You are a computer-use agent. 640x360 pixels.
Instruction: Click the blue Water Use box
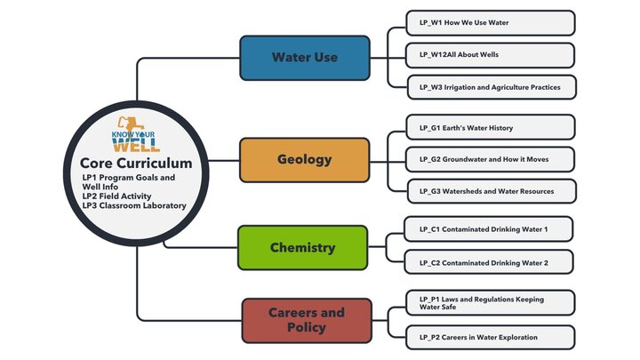304,57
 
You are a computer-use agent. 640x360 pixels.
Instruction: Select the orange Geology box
304,160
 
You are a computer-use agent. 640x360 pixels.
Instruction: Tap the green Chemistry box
302,248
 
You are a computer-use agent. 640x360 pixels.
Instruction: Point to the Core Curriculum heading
136,164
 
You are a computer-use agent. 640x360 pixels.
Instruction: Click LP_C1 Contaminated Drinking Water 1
489,229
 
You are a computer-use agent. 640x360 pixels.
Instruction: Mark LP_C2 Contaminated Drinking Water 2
489,262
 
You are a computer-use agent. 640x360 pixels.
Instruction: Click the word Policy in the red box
305,328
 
